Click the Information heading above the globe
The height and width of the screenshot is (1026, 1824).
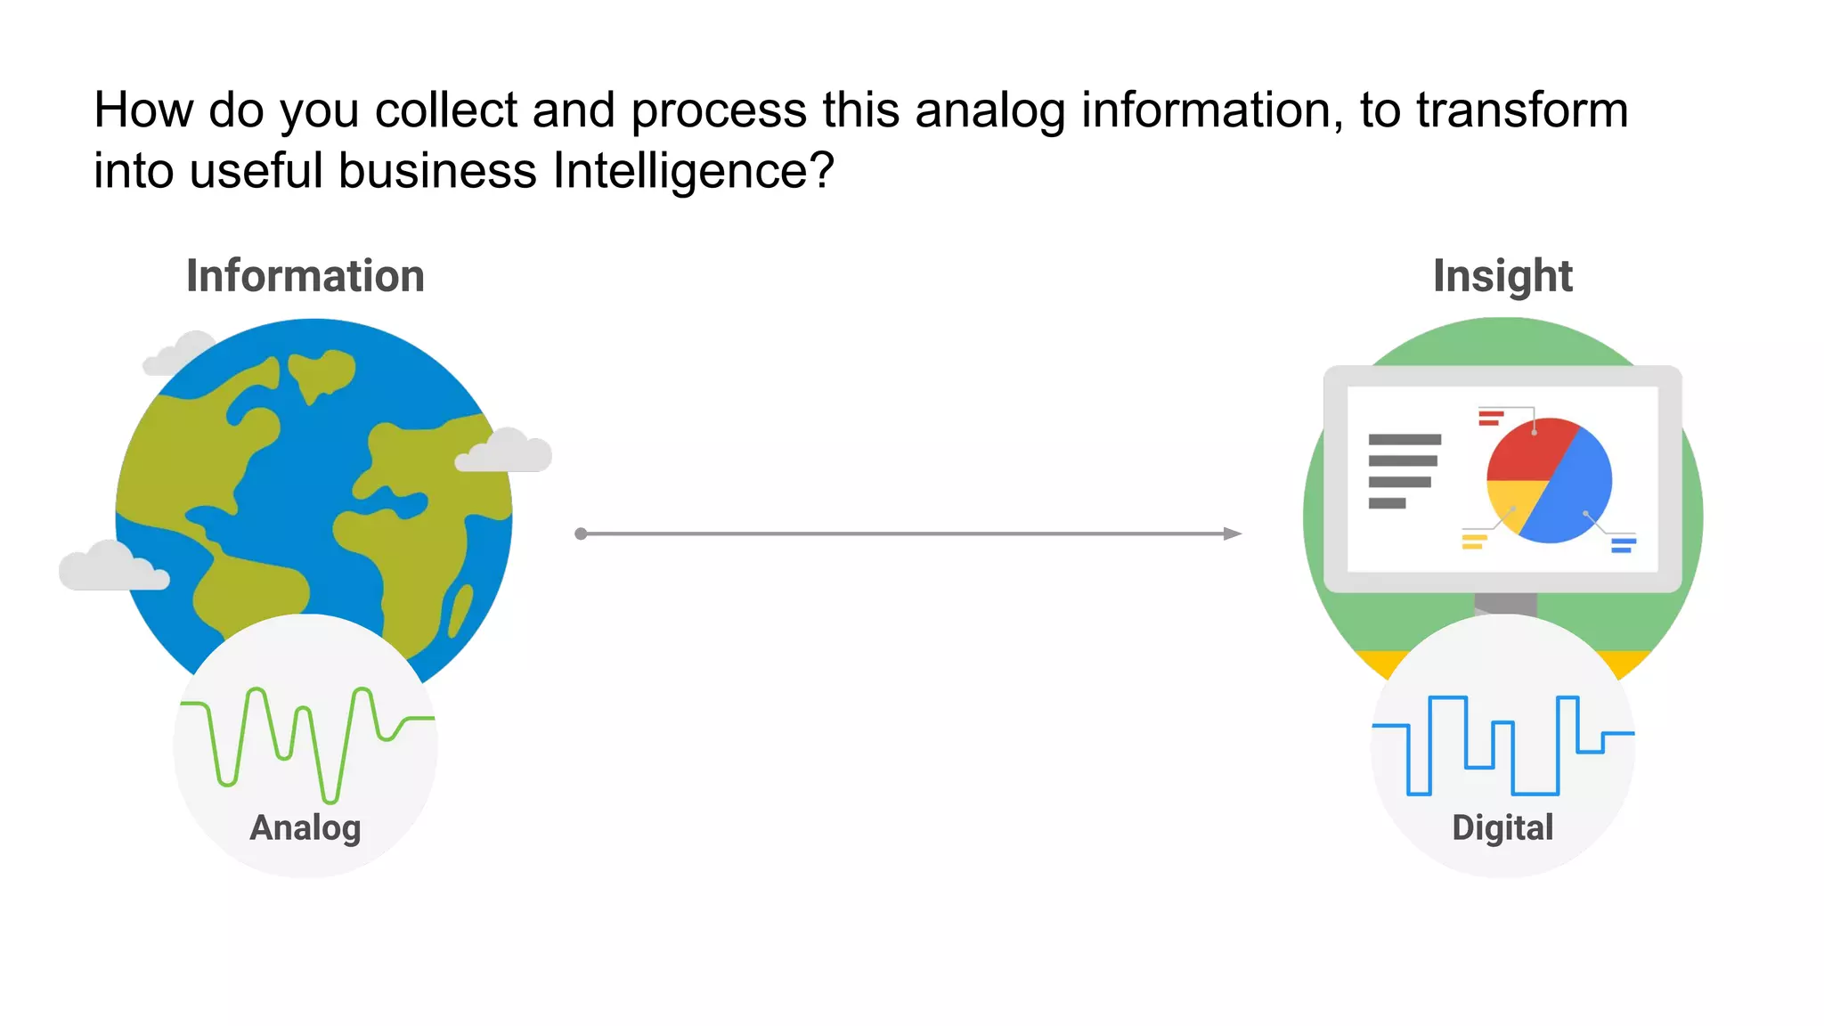(305, 276)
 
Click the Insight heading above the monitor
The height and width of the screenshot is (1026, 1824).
(1502, 276)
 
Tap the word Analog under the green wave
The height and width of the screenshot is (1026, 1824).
(305, 828)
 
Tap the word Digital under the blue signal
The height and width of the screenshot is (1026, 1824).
(1502, 828)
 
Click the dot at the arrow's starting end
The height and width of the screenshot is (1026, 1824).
(581, 533)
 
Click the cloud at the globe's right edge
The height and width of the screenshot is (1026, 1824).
(504, 452)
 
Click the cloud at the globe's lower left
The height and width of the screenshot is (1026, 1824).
(112, 567)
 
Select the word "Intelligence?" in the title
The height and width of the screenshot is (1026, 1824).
(693, 171)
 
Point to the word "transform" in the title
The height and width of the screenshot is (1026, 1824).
(1522, 110)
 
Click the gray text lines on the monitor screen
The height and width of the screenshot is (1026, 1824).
(1403, 471)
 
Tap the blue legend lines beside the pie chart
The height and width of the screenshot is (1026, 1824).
(1623, 544)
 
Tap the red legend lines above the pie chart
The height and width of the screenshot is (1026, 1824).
(1490, 417)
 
